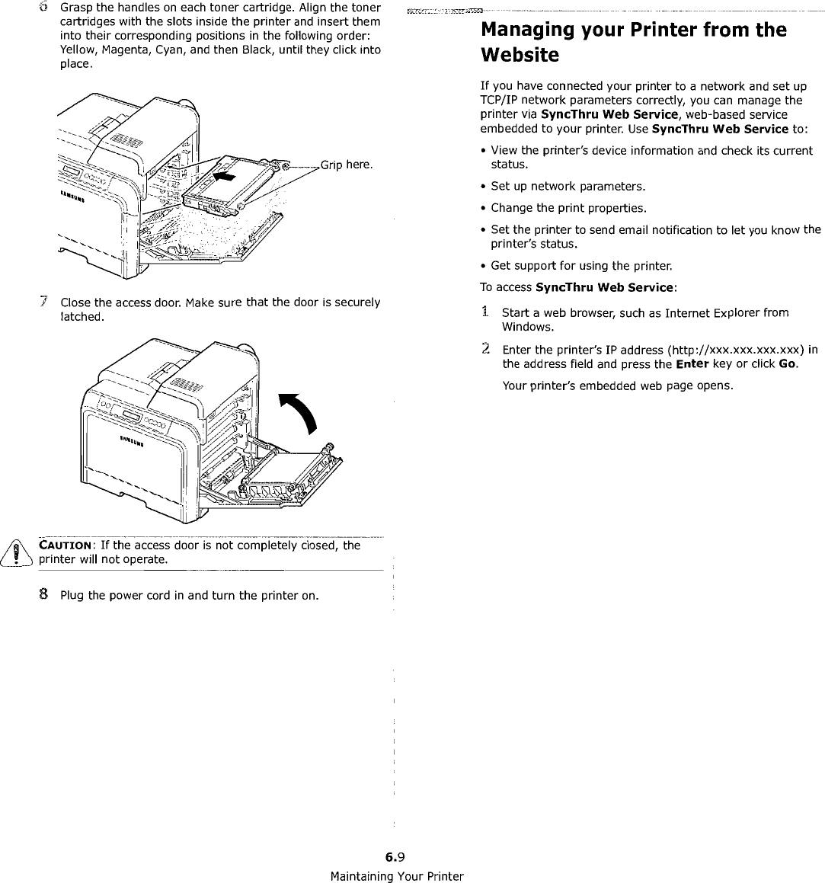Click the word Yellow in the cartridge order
[x=78, y=50]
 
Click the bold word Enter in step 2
[x=692, y=364]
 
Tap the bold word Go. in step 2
[x=788, y=364]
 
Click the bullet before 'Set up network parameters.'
[x=484, y=187]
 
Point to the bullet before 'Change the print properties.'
[x=484, y=208]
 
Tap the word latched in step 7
[x=80, y=316]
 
